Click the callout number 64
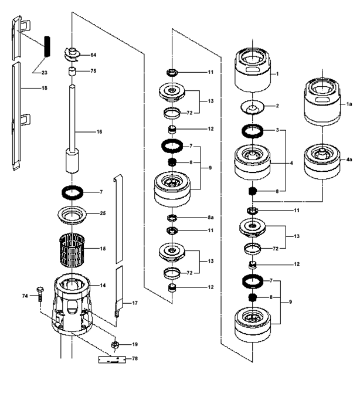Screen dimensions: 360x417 [x=93, y=55]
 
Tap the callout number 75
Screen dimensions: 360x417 [x=93, y=71]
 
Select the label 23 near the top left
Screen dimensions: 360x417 [x=45, y=73]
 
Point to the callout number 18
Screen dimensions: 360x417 [x=45, y=88]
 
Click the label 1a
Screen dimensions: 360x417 [x=349, y=104]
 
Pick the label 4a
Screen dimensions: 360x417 [x=349, y=160]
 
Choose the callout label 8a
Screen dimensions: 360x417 [x=210, y=218]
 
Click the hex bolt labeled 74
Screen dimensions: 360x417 [x=40, y=294]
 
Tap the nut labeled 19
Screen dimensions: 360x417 [x=115, y=345]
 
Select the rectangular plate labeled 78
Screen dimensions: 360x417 [x=112, y=360]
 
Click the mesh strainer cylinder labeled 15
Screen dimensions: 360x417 [x=72, y=250]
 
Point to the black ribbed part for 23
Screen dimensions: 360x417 [x=47, y=46]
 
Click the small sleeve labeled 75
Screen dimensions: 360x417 [x=72, y=72]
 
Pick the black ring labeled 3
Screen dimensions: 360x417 [x=252, y=131]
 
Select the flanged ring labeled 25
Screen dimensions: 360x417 [x=72, y=215]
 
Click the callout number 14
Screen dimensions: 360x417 [x=103, y=286]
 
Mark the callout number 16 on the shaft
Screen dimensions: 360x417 [x=99, y=131]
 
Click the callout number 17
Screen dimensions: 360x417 [x=135, y=303]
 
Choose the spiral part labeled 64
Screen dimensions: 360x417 [x=73, y=55]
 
